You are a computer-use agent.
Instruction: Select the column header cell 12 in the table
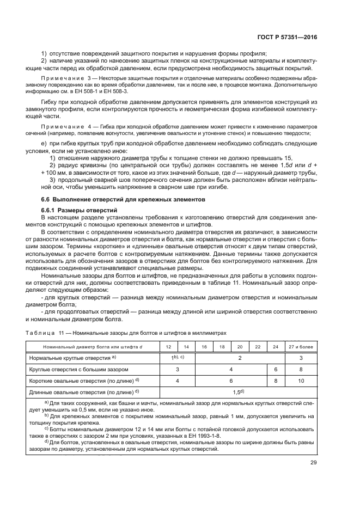168,346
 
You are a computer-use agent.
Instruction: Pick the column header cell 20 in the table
240,346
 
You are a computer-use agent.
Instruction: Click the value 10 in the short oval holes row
301,380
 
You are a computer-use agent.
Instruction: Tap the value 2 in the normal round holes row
240,357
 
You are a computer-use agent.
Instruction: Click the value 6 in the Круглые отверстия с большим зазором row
276,369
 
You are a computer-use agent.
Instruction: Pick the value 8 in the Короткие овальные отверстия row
276,380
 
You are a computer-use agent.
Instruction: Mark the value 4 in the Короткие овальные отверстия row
178,380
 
